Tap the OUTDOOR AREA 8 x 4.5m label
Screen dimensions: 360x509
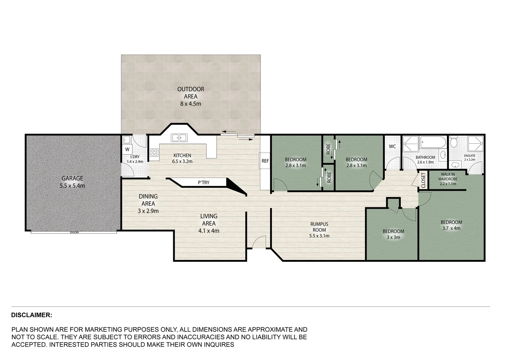coord(191,96)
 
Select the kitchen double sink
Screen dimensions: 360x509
coord(180,138)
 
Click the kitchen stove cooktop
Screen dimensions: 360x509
coord(154,153)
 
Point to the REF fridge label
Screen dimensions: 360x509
coord(265,161)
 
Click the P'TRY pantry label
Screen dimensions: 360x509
coord(204,182)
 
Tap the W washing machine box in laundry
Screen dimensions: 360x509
coord(127,149)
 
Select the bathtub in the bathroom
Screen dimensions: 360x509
coord(433,143)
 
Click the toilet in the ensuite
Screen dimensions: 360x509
coord(453,142)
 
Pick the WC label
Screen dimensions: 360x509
coord(392,146)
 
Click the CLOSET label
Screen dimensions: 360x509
coord(423,180)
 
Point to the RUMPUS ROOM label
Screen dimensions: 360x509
coord(319,227)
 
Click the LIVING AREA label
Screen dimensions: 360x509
coord(209,220)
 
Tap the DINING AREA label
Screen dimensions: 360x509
coord(148,200)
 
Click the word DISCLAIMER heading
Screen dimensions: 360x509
coord(31,315)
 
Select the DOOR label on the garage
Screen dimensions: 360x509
coord(74,232)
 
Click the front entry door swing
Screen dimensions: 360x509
coord(259,242)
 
